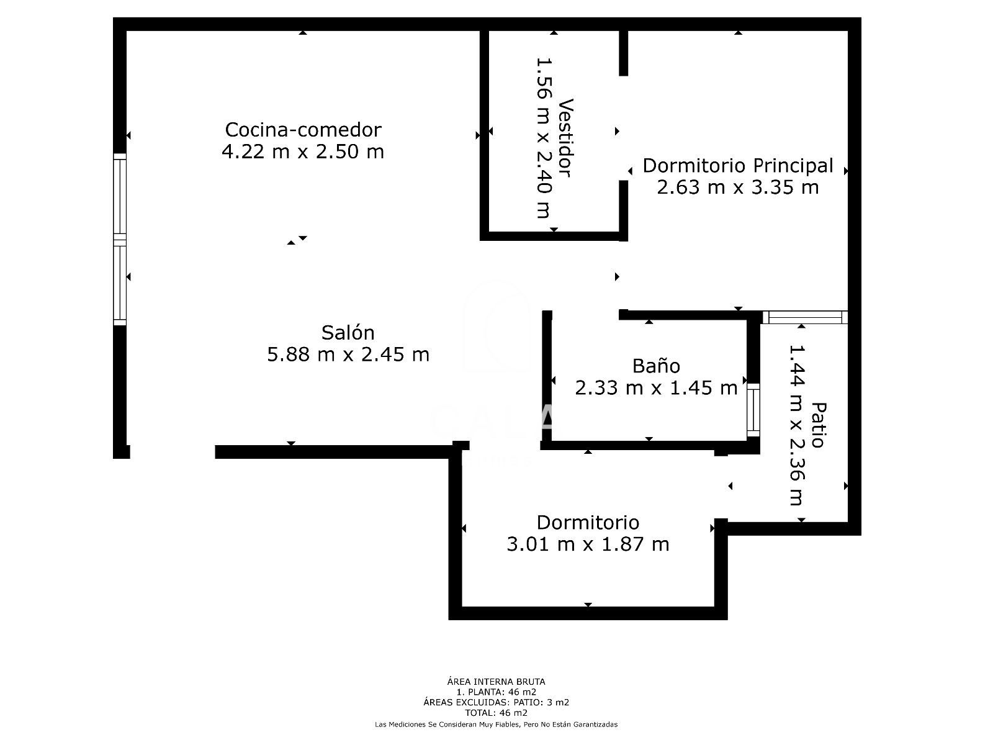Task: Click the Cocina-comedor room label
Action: (x=303, y=130)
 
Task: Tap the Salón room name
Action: (x=348, y=333)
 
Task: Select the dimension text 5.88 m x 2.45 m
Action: (x=348, y=354)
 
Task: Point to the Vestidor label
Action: (x=565, y=137)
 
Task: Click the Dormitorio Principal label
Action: (x=738, y=166)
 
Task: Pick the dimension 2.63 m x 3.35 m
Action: (x=738, y=187)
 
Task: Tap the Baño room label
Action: (x=656, y=366)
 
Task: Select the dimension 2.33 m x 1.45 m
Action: (x=656, y=387)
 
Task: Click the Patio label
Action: (x=819, y=425)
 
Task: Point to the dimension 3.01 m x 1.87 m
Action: (x=588, y=544)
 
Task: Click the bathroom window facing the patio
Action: (x=753, y=410)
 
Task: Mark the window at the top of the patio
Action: (x=805, y=317)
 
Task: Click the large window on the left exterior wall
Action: (x=119, y=239)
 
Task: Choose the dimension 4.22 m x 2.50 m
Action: (x=303, y=151)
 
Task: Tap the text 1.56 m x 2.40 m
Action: (x=544, y=137)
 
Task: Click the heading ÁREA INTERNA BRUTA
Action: (x=496, y=682)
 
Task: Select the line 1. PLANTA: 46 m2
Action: (x=496, y=692)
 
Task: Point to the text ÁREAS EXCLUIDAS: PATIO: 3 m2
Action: (x=496, y=703)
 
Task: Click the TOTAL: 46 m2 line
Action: (x=496, y=713)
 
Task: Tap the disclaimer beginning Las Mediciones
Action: (x=496, y=725)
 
